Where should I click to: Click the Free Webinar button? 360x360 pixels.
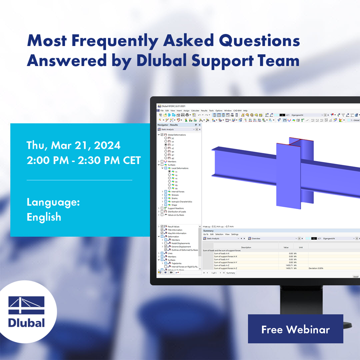(295, 329)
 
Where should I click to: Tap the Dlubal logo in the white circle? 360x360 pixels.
(27, 312)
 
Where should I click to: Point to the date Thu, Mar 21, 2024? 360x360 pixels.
(73, 145)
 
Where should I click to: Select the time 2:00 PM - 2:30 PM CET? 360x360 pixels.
(83, 161)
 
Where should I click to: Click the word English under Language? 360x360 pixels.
(44, 217)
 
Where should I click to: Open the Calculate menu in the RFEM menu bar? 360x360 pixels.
(195, 111)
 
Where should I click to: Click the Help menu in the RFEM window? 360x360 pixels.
(245, 111)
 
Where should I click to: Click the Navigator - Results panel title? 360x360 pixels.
(168, 125)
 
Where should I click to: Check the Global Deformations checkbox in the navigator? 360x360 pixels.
(162, 135)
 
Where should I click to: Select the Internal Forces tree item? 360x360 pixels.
(178, 191)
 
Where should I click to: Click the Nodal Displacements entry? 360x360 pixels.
(181, 243)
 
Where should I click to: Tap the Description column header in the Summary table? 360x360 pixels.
(246, 247)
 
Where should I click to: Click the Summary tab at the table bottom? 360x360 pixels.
(231, 273)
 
